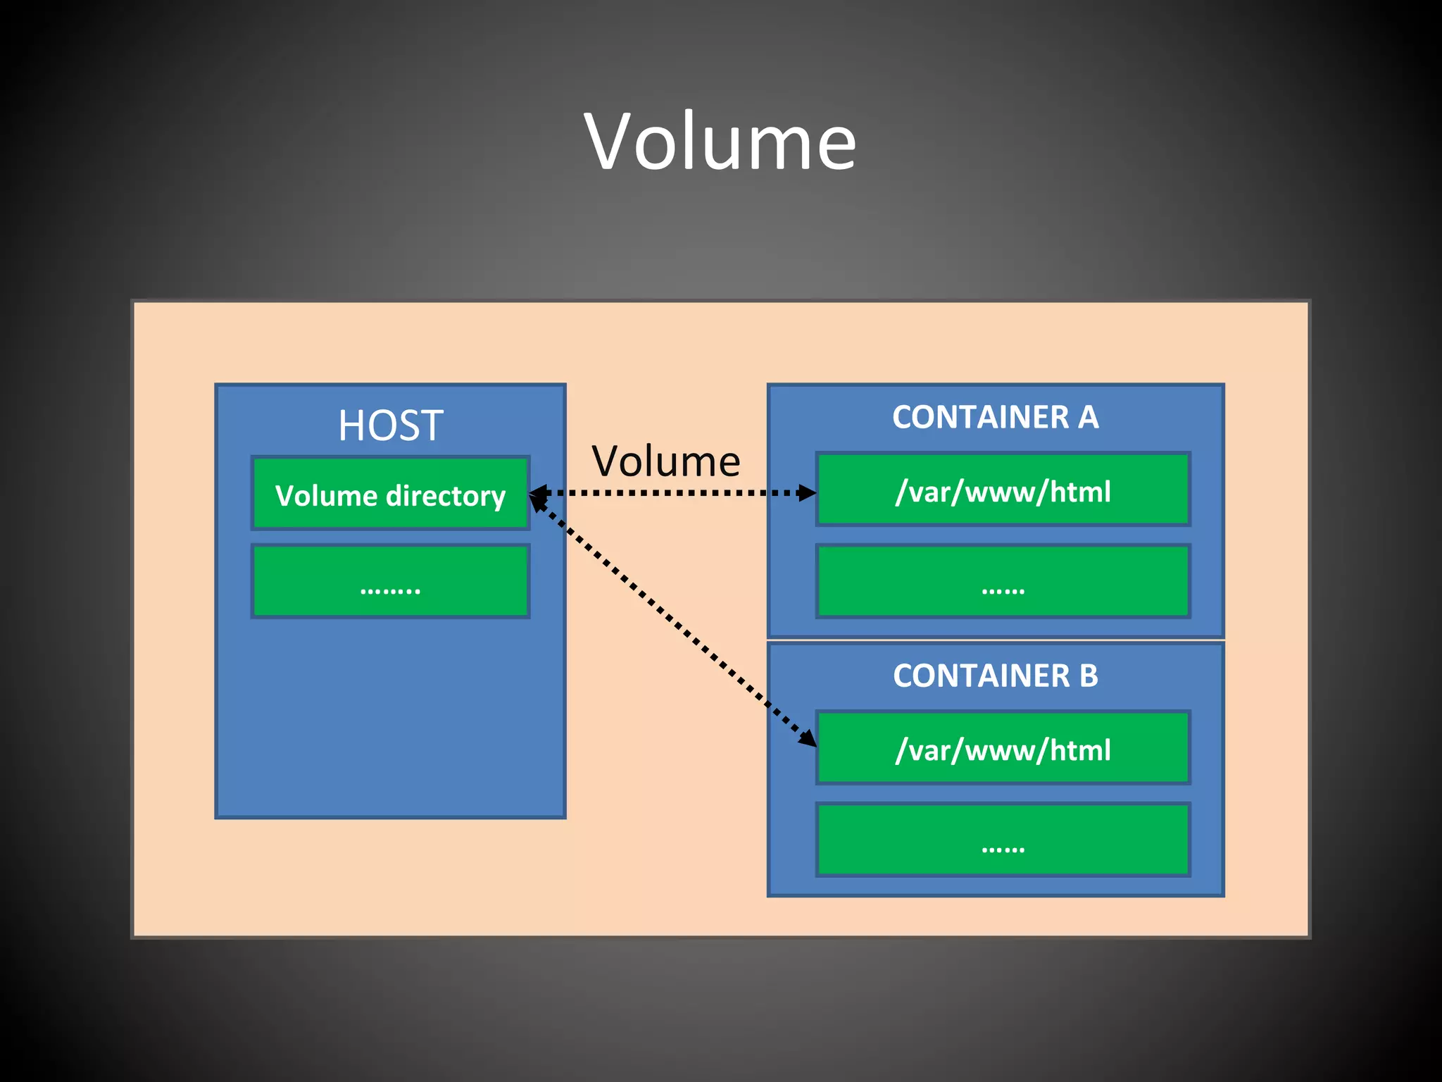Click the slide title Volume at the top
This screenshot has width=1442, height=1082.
pos(720,142)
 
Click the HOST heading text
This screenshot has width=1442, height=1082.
pos(390,425)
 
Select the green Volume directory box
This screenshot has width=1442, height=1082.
pos(390,493)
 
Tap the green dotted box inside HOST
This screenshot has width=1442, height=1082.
pos(390,582)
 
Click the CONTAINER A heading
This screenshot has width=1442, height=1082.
pos(995,417)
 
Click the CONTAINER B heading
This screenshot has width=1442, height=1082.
pos(995,676)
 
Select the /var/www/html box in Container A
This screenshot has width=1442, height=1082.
pos(1003,490)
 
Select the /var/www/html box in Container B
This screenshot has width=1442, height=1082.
pos(1003,749)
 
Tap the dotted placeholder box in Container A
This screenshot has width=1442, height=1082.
pos(1003,582)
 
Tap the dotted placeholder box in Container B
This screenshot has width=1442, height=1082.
pos(1003,840)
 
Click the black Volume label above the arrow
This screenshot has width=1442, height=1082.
pos(665,461)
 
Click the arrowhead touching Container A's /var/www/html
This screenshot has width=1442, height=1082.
pos(807,492)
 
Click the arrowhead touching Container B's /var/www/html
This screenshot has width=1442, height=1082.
pos(807,737)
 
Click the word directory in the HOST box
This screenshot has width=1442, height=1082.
pos(446,496)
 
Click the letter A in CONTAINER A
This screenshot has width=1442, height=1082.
pos(1088,417)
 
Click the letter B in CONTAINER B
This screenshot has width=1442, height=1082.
pos(1088,676)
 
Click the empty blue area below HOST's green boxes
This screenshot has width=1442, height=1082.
pos(390,719)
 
